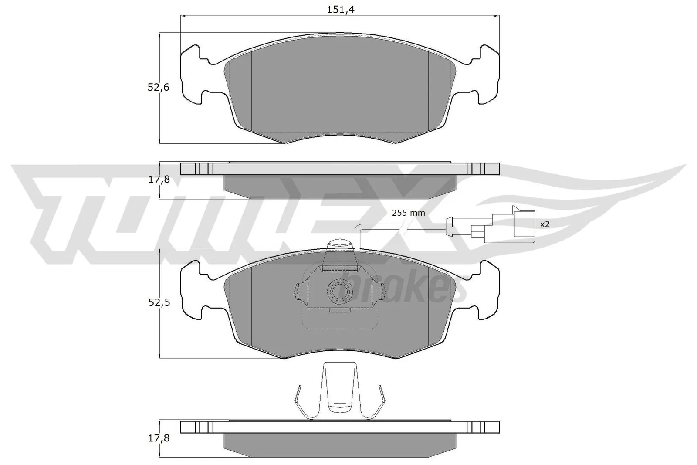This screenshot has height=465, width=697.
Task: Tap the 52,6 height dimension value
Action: pos(158,87)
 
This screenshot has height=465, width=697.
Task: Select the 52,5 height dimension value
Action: pos(158,302)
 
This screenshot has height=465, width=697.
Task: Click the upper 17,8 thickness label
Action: pos(158,180)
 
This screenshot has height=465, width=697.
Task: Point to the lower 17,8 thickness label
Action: pos(158,438)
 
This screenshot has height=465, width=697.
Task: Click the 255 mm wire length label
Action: pos(408,213)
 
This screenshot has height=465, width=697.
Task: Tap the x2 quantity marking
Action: pos(545,224)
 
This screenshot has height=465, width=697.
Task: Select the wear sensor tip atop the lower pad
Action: pos(340,244)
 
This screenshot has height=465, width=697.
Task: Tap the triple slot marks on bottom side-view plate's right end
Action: pos(476,427)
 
